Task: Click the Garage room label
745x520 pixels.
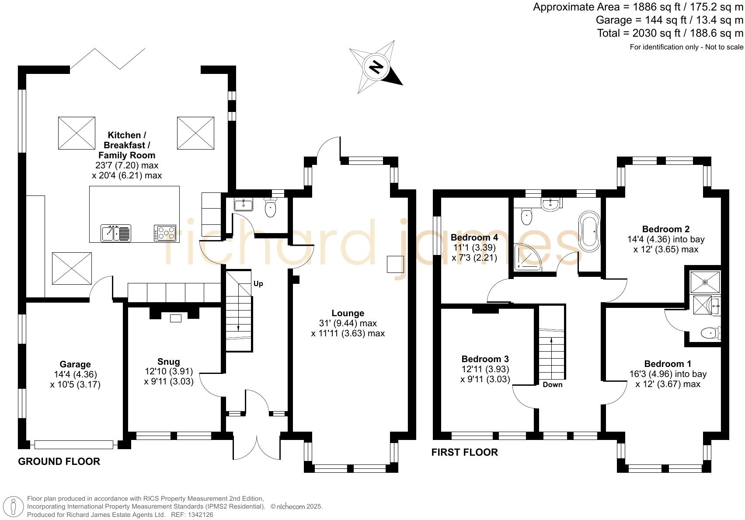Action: coord(75,364)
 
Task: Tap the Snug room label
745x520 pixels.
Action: coord(169,362)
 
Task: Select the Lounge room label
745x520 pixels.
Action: coord(348,313)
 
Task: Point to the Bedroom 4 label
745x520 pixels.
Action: coord(474,237)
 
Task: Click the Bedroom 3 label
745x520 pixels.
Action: coord(485,359)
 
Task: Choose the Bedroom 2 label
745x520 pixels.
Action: coord(666,229)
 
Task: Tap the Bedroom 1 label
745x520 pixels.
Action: coord(668,363)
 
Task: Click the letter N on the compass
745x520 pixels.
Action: coord(376,67)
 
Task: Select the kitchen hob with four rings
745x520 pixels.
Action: coord(165,233)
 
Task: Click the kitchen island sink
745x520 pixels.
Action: coord(116,233)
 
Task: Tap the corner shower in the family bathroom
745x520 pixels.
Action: coord(527,257)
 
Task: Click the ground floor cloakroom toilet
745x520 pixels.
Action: coord(270,207)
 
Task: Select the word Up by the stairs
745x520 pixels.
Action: coord(258,283)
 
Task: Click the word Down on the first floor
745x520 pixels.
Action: coord(553,384)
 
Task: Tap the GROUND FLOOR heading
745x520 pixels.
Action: coord(59,461)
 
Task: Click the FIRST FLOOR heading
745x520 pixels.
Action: coord(465,452)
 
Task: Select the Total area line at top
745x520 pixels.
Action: coord(670,33)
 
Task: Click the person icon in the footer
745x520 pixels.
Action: coord(13,507)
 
